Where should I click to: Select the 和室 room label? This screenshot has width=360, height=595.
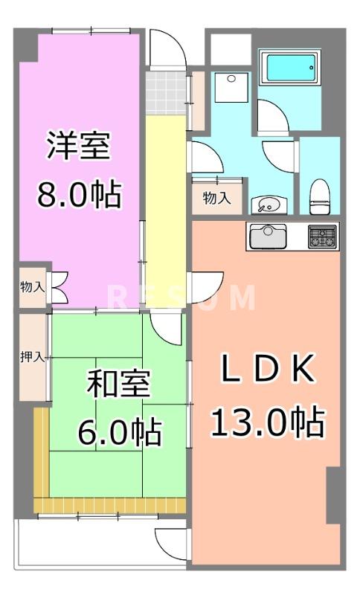(119, 385)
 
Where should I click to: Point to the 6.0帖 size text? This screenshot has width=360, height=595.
(119, 431)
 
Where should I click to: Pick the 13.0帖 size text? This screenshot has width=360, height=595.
(268, 422)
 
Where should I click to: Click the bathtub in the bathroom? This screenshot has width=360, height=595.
(291, 68)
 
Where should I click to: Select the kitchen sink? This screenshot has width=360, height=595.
(267, 237)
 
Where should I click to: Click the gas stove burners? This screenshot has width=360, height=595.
(323, 237)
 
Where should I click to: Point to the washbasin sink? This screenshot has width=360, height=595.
(269, 203)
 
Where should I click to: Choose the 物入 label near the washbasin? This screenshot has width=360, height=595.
(216, 199)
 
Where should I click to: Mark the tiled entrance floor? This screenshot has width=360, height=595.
(164, 90)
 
